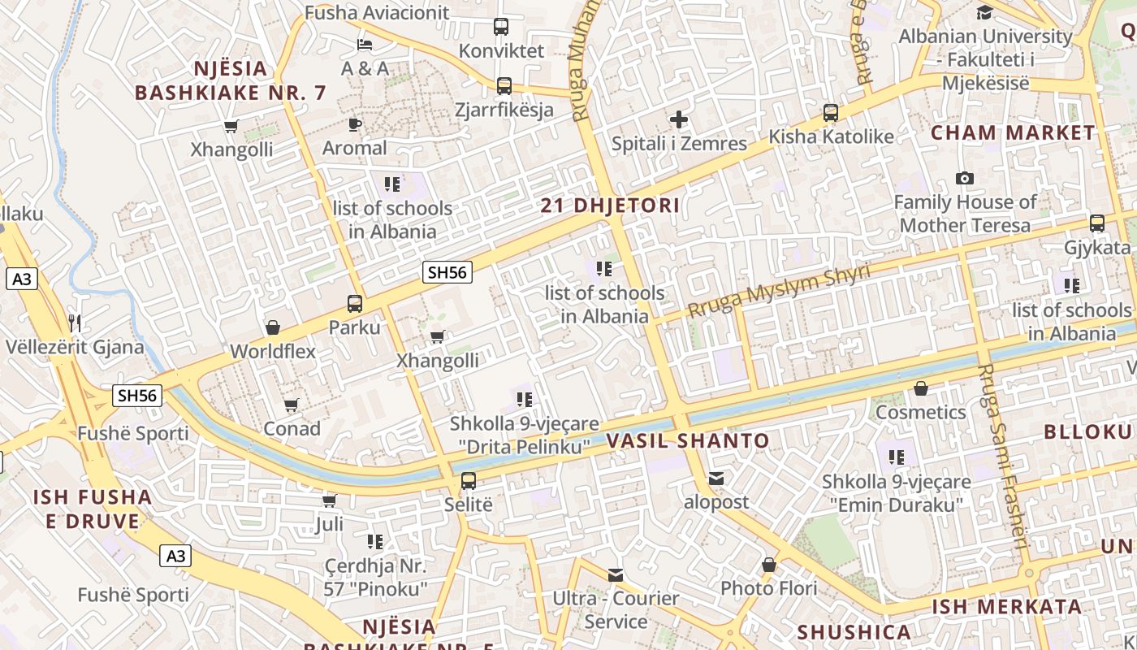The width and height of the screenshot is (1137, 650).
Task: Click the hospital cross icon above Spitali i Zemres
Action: pyautogui.click(x=679, y=120)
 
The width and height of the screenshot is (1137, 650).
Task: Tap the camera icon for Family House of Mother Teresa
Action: pyautogui.click(x=965, y=178)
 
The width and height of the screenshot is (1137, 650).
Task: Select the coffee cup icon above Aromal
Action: pyautogui.click(x=354, y=124)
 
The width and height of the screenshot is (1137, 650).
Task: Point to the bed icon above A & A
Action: pyautogui.click(x=365, y=44)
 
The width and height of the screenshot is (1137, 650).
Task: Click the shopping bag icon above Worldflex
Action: pyautogui.click(x=273, y=327)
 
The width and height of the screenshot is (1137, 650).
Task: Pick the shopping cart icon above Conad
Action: pyautogui.click(x=291, y=404)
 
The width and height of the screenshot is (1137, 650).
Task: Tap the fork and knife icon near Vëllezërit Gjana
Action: pyautogui.click(x=75, y=323)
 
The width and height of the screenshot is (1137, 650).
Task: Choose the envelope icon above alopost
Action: pyautogui.click(x=715, y=478)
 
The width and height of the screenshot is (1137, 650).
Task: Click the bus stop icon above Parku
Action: pyautogui.click(x=355, y=304)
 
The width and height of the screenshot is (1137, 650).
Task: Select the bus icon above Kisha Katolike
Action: pyautogui.click(x=830, y=113)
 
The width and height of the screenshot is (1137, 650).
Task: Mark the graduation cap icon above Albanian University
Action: pyautogui.click(x=984, y=12)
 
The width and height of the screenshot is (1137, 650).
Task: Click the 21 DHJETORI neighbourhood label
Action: pyautogui.click(x=610, y=206)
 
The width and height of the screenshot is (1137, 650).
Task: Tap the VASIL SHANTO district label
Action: pyautogui.click(x=688, y=441)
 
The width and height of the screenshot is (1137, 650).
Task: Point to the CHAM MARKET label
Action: pyautogui.click(x=1013, y=132)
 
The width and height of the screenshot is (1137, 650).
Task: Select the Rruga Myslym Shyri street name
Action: pyautogui.click(x=779, y=290)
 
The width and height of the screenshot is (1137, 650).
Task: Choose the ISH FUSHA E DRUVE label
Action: pyautogui.click(x=93, y=509)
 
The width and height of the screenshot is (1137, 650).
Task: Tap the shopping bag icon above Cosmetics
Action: pyautogui.click(x=920, y=388)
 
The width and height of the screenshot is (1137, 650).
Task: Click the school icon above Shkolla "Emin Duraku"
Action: pyautogui.click(x=897, y=457)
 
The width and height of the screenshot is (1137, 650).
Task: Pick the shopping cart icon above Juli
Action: pyautogui.click(x=329, y=500)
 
